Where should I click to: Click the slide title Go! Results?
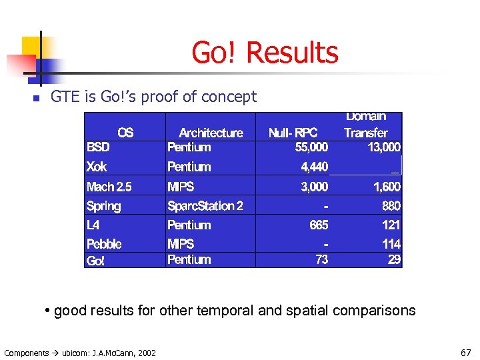[265, 53]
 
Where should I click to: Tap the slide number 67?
[465, 352]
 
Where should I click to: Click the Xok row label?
[97, 167]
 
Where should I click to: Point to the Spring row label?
[103, 206]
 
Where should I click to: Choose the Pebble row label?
[104, 244]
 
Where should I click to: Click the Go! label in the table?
[95, 261]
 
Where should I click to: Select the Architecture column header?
[211, 133]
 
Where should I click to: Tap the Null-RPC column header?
[293, 133]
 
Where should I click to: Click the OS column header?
[125, 133]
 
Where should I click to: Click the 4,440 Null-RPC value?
[314, 167]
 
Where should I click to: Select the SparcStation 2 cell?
[205, 206]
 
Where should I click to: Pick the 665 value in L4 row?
[319, 225]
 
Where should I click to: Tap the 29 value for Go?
[395, 259]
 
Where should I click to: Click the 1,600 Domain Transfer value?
[387, 187]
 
